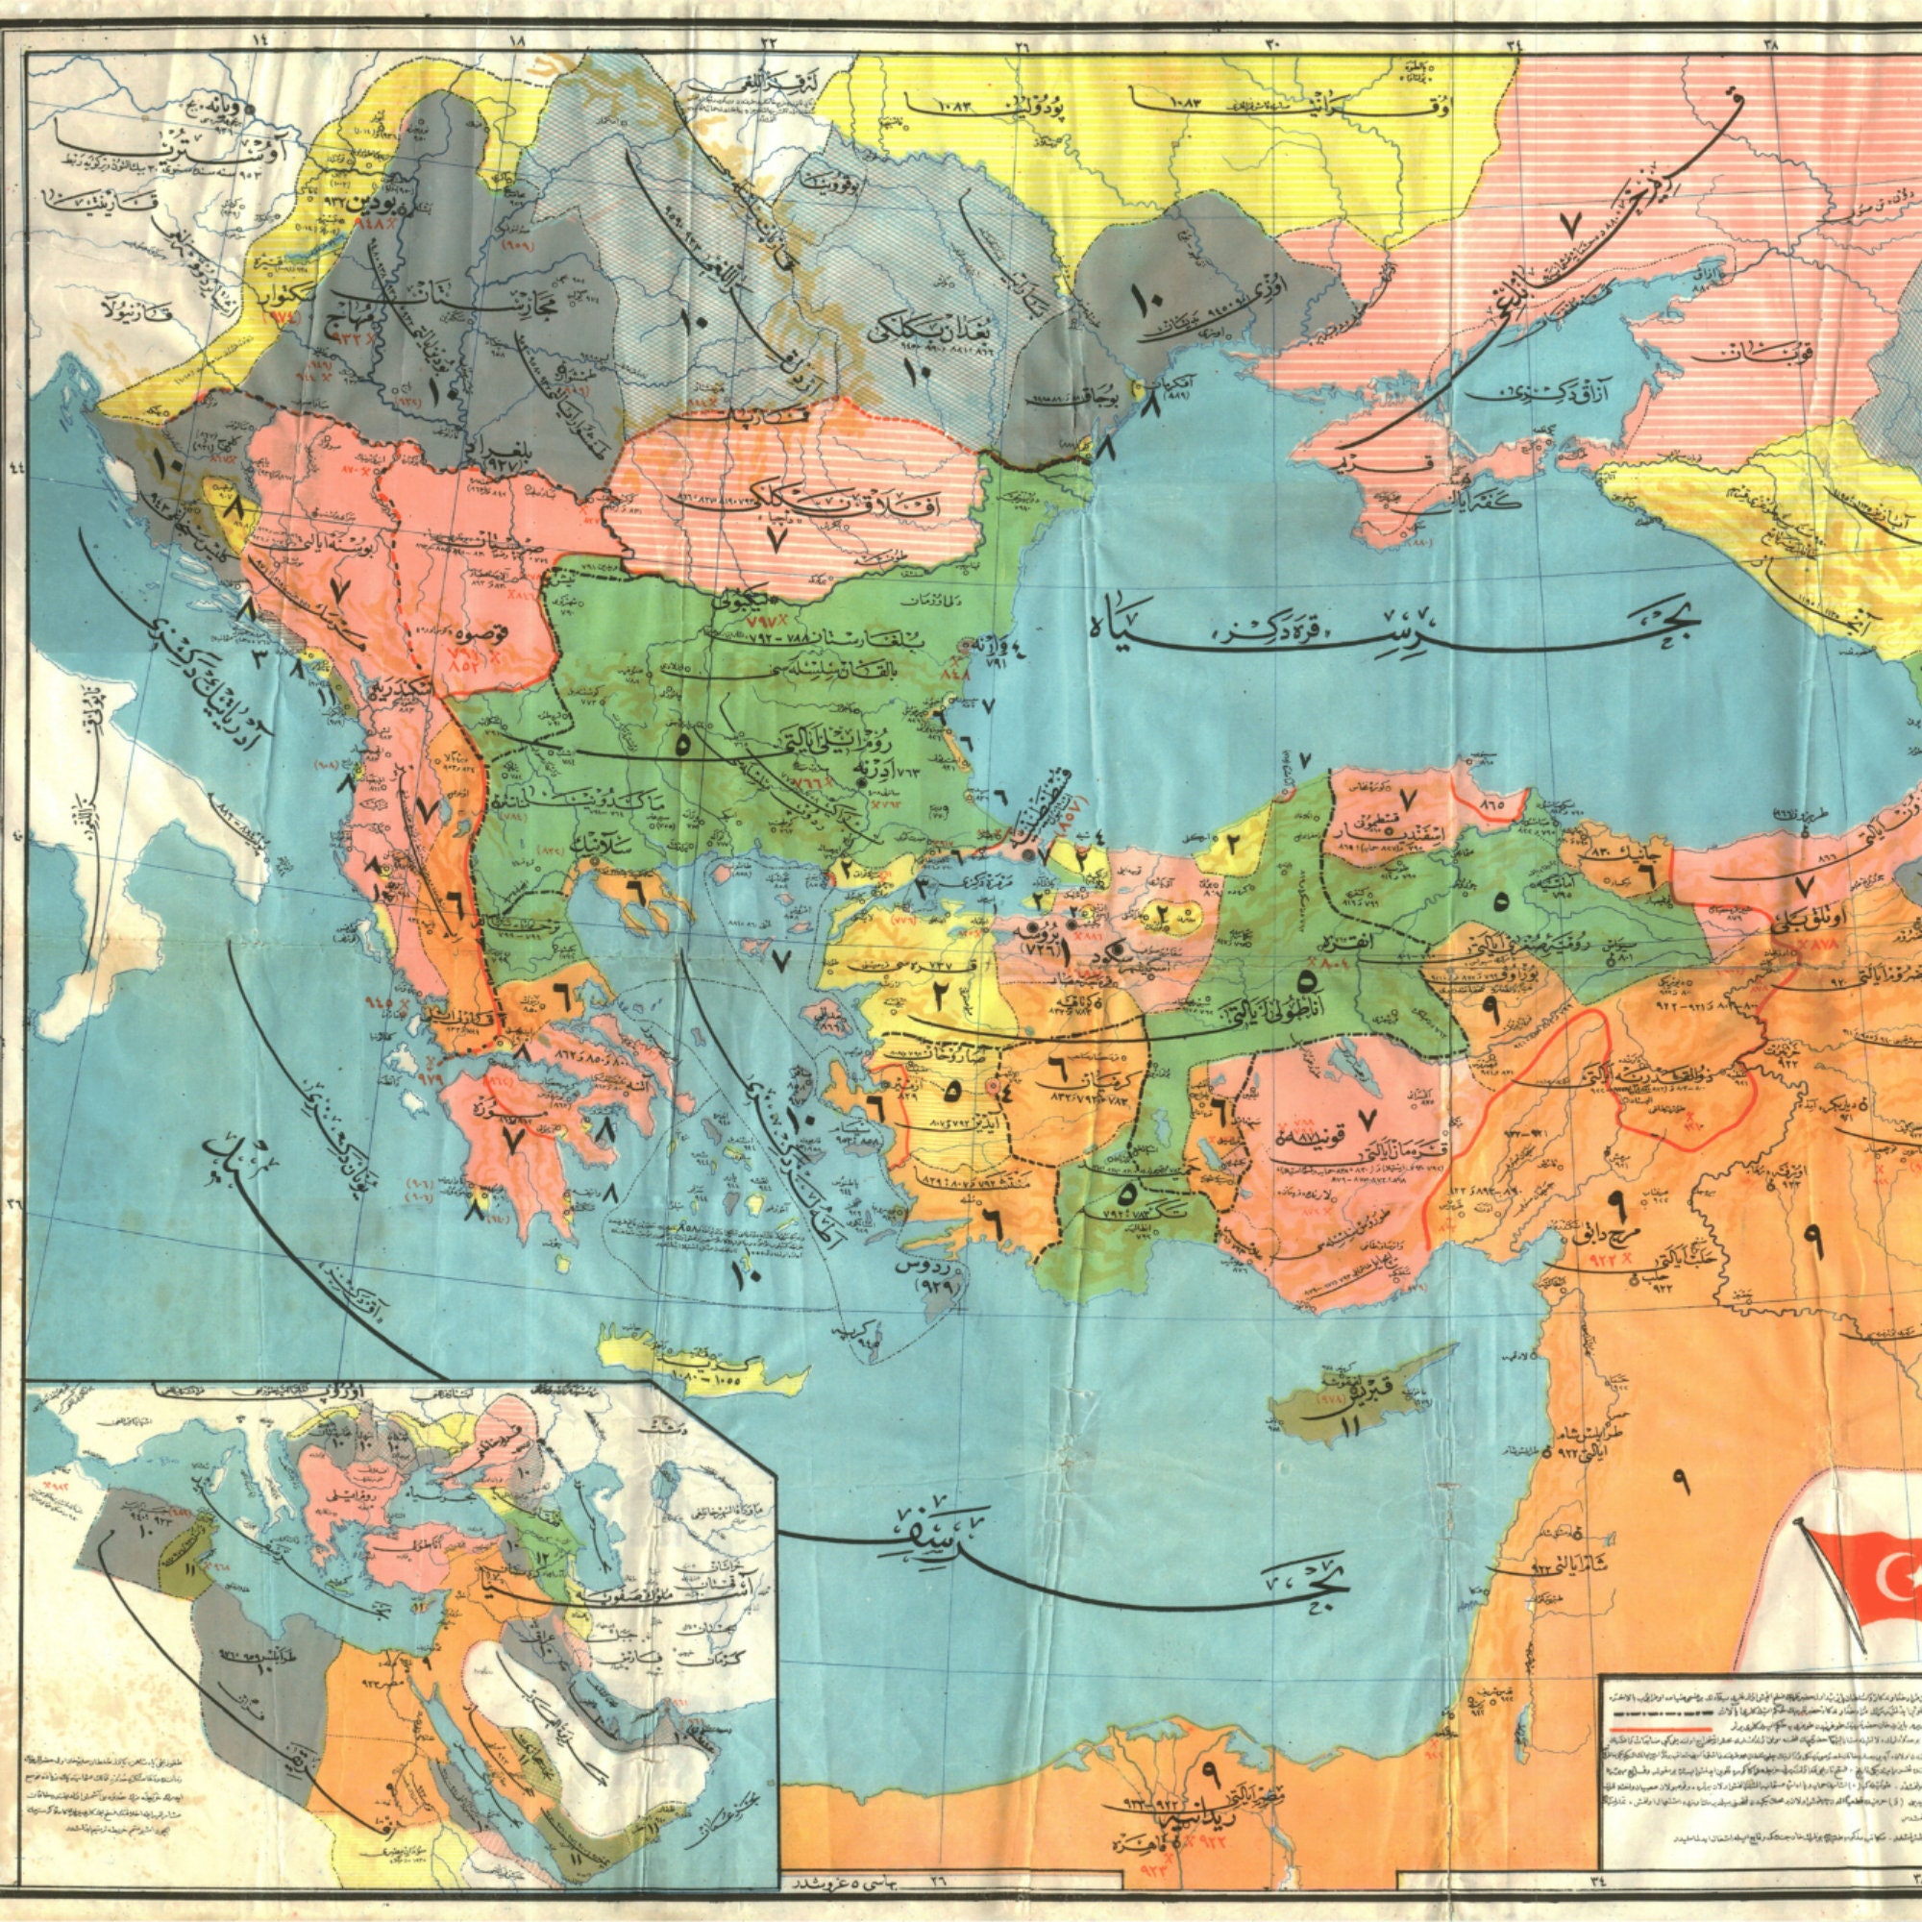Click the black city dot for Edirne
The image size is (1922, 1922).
pyautogui.click(x=861, y=782)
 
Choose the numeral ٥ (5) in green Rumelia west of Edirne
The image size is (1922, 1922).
pyautogui.click(x=682, y=744)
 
